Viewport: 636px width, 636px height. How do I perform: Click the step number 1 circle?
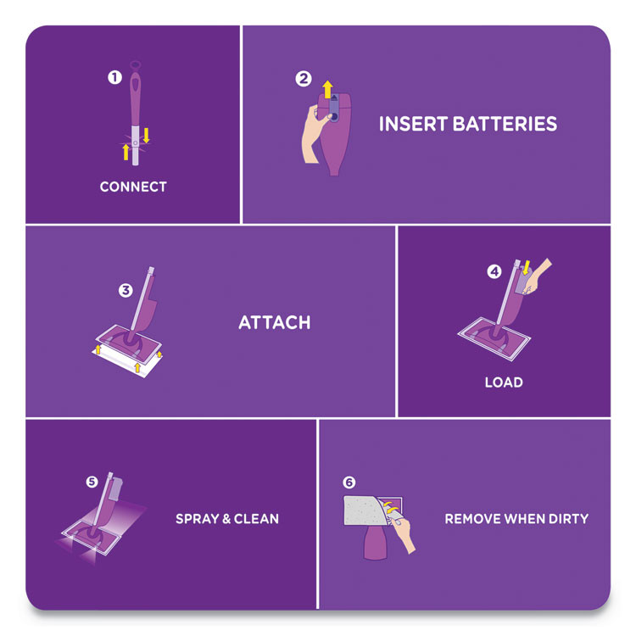point(114,77)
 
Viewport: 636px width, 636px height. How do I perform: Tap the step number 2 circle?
point(303,79)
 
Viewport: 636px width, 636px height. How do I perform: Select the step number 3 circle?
point(126,290)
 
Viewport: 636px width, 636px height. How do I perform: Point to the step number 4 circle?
point(494,272)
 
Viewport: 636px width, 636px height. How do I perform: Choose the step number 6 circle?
point(349,483)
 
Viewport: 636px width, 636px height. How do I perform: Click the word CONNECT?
point(133,187)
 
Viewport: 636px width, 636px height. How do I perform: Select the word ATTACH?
point(274,323)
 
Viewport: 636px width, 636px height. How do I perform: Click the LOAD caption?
point(504,382)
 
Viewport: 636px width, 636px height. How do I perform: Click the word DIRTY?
point(567,519)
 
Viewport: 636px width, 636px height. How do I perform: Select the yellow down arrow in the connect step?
point(145,135)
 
